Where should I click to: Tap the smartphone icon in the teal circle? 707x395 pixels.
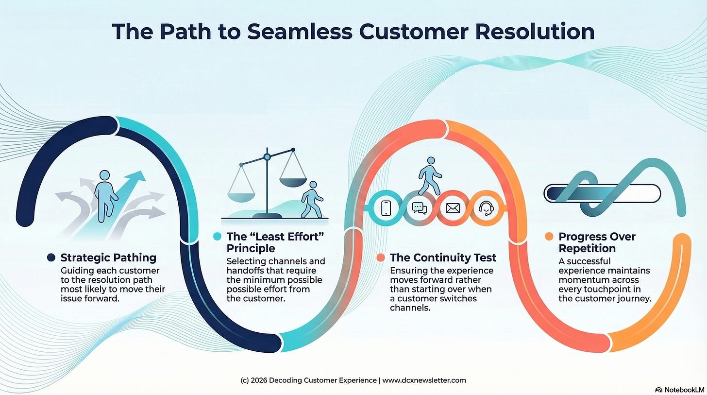coord(386,208)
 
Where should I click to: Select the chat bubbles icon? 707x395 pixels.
coord(419,208)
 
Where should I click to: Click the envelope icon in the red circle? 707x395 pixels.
coord(453,208)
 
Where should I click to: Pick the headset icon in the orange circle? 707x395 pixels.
coord(486,208)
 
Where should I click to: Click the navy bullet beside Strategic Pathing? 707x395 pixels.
coord(51,258)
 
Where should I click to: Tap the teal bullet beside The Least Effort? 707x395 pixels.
coord(217,237)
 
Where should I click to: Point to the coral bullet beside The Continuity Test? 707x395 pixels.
coord(381,258)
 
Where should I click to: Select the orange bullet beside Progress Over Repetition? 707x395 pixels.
coord(549,237)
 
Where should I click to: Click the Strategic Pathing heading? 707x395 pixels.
coord(108,258)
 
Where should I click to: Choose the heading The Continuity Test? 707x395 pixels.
coord(443,258)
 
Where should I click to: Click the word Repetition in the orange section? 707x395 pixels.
coord(587,248)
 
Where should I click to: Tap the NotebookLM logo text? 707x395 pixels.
coord(681,390)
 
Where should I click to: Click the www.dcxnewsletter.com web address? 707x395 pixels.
coord(424,380)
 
